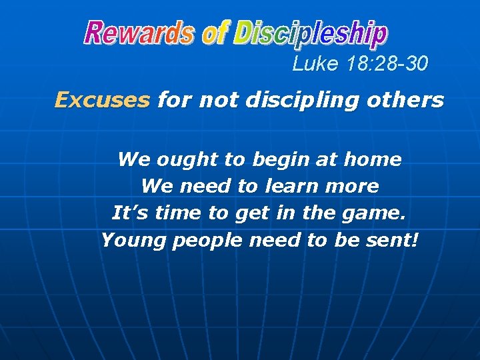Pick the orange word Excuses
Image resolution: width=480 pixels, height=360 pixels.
(x=102, y=100)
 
